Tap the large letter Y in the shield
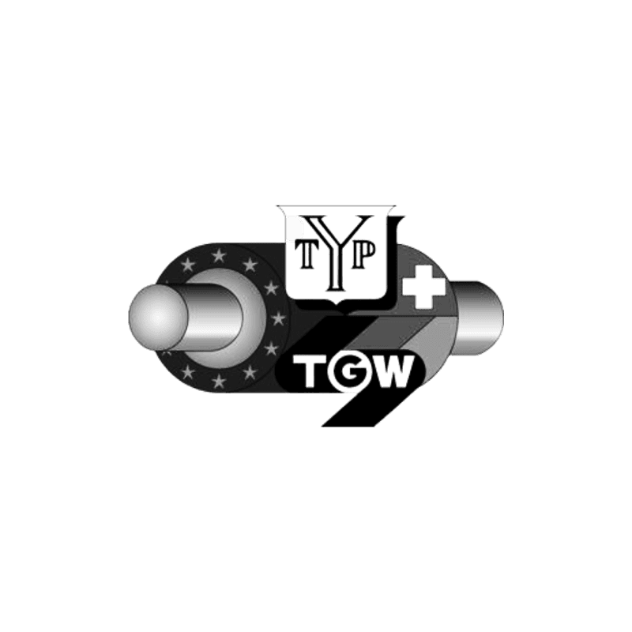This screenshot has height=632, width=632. tap(335, 252)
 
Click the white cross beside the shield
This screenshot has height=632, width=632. tap(425, 286)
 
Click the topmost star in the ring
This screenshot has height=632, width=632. tap(219, 254)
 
